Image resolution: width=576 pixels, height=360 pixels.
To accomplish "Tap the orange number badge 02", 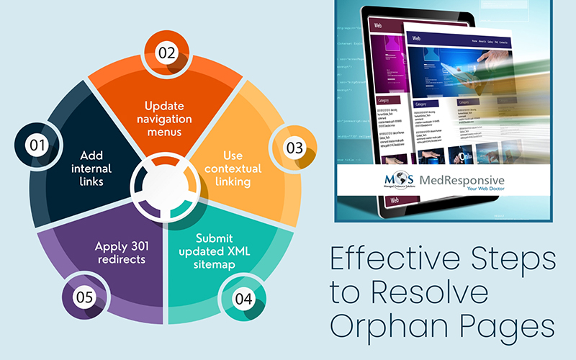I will click(x=167, y=53).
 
